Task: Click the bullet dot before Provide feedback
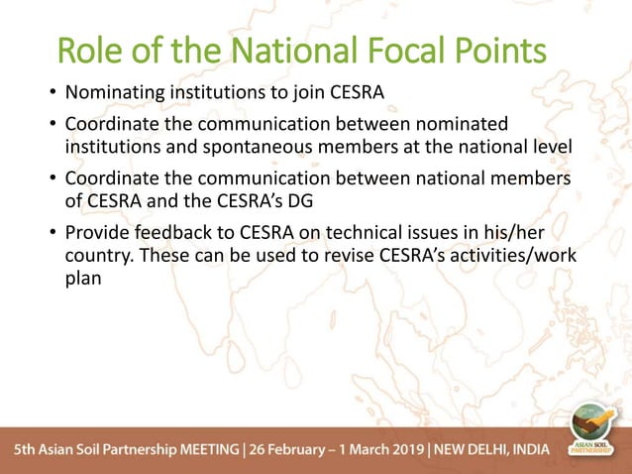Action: click(x=53, y=233)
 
